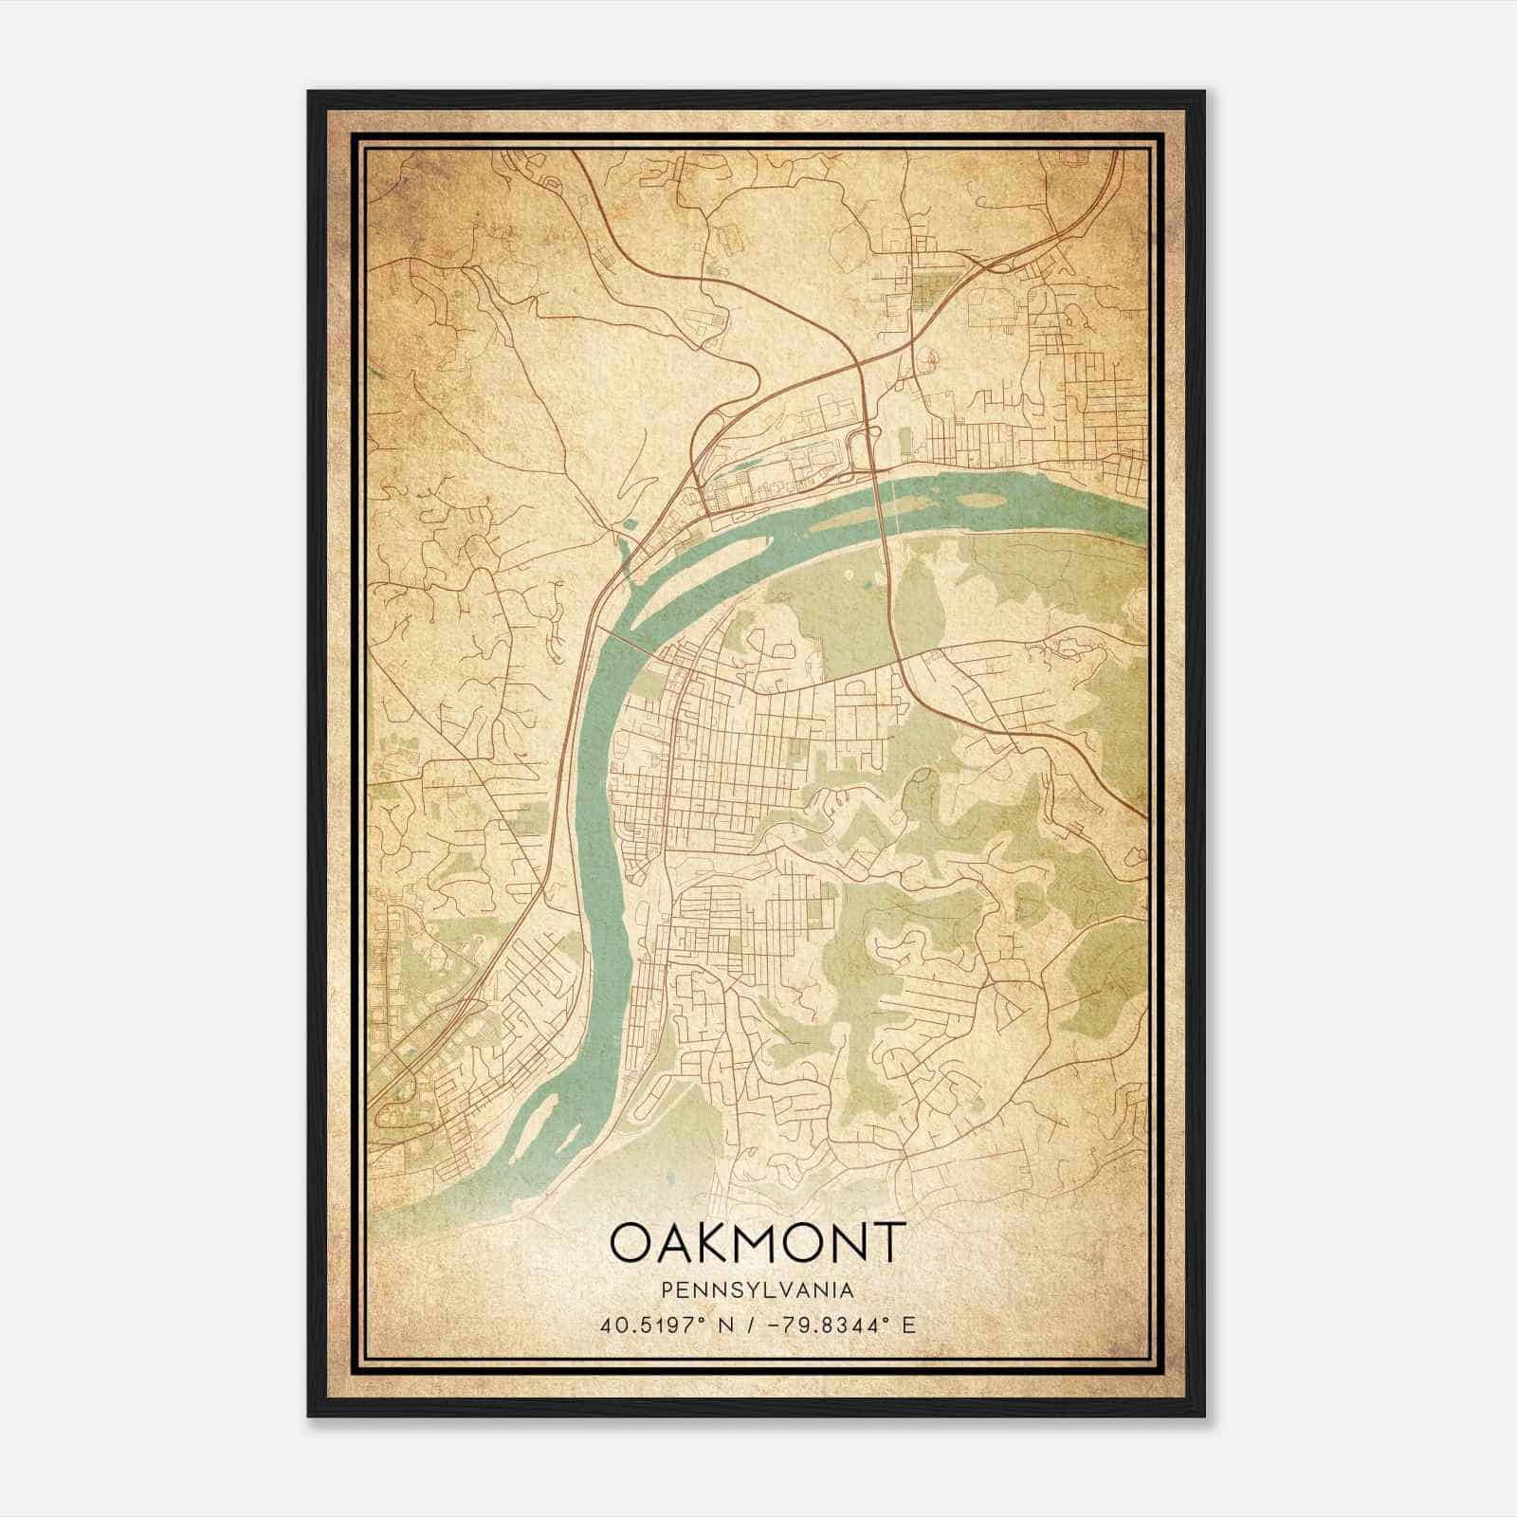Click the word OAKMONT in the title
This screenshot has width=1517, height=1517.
click(x=758, y=1242)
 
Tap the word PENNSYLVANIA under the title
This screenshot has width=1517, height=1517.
click(x=758, y=1290)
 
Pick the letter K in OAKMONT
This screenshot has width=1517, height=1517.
click(x=696, y=1242)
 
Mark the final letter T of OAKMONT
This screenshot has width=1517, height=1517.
click(x=889, y=1242)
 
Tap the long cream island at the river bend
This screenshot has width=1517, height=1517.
click(x=702, y=564)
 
